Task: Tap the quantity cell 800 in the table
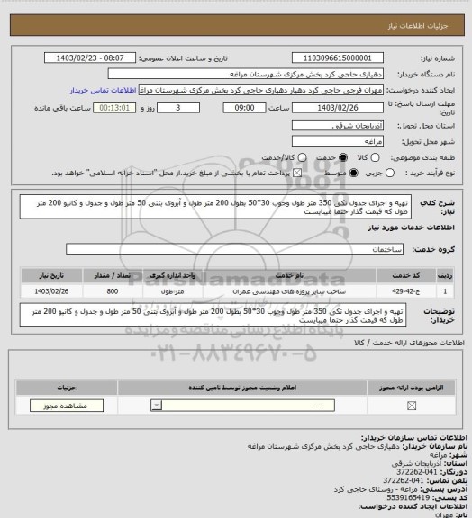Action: click(112, 290)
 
